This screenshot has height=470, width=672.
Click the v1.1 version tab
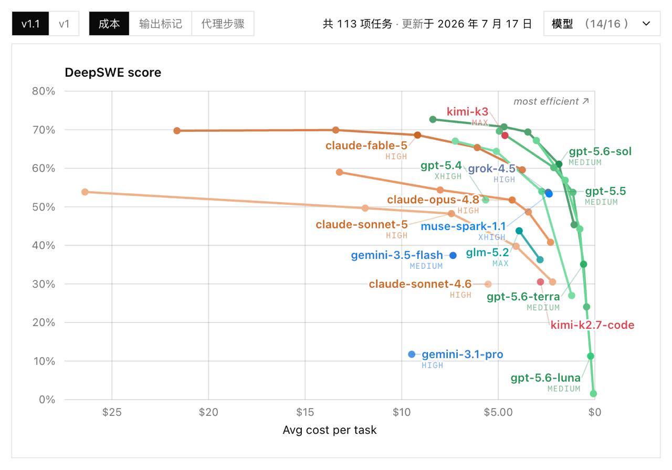click(x=30, y=24)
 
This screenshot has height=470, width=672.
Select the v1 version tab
click(x=64, y=24)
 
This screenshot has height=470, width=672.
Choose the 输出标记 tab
click(x=161, y=24)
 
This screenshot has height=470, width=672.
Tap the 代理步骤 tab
click(x=223, y=24)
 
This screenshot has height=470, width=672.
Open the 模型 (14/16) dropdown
click(x=602, y=24)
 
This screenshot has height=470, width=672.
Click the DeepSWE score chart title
click(x=113, y=72)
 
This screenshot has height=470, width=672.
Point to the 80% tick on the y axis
click(x=44, y=91)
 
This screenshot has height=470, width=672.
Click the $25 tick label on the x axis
click(x=112, y=412)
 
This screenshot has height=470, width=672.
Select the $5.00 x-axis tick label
click(x=498, y=412)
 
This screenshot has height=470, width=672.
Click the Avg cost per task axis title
click(x=329, y=430)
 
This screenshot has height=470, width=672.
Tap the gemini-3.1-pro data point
click(x=412, y=354)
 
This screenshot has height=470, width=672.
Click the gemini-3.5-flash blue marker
click(x=453, y=255)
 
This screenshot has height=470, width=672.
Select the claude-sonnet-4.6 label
click(x=420, y=284)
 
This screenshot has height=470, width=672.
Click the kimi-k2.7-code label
click(x=592, y=325)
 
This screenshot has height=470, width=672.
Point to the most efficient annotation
click(x=551, y=101)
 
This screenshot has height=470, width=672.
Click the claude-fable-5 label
click(x=366, y=145)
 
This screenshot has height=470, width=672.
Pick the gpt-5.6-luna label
click(x=545, y=378)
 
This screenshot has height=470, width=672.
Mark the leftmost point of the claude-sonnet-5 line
click(x=85, y=192)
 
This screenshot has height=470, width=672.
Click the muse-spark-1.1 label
click(x=463, y=226)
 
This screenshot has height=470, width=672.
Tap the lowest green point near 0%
click(x=593, y=394)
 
